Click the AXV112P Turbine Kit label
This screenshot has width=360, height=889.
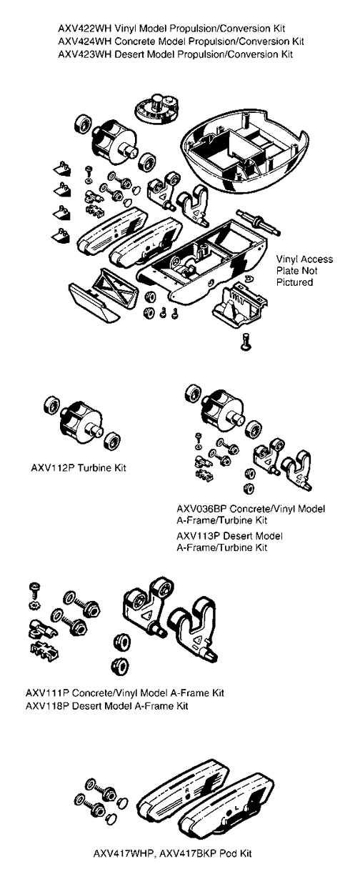coord(79,468)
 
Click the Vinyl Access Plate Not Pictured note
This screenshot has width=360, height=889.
coord(304,271)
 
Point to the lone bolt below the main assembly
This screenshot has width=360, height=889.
coord(246,342)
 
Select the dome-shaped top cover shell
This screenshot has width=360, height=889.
coord(244,152)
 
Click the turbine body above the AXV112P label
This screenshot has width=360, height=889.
coord(81,422)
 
